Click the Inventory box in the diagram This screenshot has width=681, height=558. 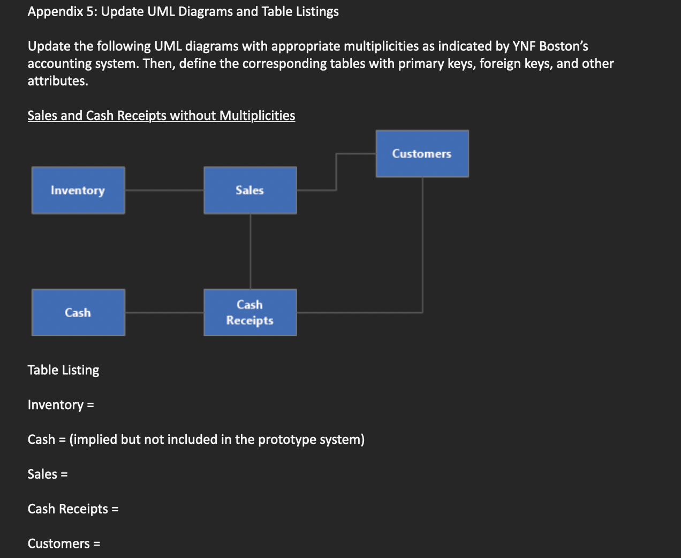[x=78, y=190]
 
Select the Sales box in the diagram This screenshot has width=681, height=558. [x=250, y=190]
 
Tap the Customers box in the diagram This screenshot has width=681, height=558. [x=422, y=154]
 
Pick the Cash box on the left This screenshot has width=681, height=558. [x=78, y=313]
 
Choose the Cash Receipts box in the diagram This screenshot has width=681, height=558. [x=250, y=313]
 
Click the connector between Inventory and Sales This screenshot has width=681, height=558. [x=164, y=190]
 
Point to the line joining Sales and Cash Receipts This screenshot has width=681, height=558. [x=251, y=251]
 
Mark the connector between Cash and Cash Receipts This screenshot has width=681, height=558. [x=164, y=313]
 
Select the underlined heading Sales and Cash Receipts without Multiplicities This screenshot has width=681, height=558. [x=161, y=116]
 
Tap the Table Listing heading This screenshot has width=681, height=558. [x=63, y=370]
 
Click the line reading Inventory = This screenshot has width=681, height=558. [x=60, y=405]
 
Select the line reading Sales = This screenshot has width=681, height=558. [x=48, y=474]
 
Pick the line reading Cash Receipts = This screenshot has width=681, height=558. [x=73, y=509]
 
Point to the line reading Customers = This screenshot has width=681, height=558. [x=64, y=544]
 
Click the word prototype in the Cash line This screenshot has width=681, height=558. [x=287, y=440]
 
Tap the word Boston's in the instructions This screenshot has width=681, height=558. [x=563, y=47]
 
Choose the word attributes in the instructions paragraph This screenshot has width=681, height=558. [x=57, y=81]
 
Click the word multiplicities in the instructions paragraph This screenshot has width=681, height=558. [x=381, y=47]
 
